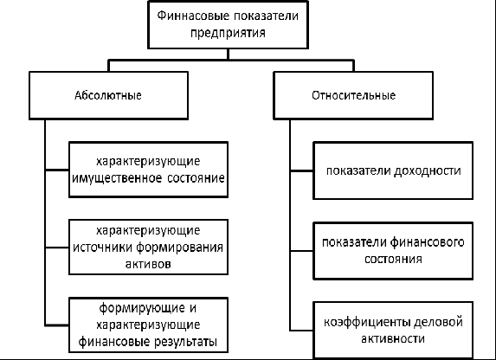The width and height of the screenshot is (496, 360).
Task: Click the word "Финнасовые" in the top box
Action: [193, 16]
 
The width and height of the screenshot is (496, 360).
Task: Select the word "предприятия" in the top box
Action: [228, 33]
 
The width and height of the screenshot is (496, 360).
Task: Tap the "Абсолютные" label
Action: [108, 95]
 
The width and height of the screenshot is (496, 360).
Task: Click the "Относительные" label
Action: [354, 95]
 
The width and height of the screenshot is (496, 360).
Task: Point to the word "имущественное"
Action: [117, 178]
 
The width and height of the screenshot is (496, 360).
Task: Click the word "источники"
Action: [102, 247]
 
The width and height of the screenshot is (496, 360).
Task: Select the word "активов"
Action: [148, 264]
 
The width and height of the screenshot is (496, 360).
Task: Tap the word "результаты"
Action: [186, 342]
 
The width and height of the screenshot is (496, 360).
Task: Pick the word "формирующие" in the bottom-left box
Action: [142, 308]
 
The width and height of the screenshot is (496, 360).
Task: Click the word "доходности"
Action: [427, 170]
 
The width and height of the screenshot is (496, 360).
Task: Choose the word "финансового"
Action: [427, 242]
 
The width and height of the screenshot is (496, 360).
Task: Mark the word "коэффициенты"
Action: [367, 322]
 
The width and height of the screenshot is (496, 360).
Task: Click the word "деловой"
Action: [438, 322]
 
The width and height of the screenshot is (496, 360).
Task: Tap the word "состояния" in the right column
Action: [393, 259]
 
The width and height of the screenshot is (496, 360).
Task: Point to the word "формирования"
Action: [180, 247]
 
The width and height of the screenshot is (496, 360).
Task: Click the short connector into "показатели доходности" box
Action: [302, 170]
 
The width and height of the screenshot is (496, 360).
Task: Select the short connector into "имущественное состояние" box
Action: [57, 170]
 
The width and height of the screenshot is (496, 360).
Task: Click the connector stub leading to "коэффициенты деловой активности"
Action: [302, 331]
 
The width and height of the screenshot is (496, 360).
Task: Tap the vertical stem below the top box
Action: [228, 55]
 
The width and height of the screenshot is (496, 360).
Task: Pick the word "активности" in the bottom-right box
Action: [393, 339]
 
